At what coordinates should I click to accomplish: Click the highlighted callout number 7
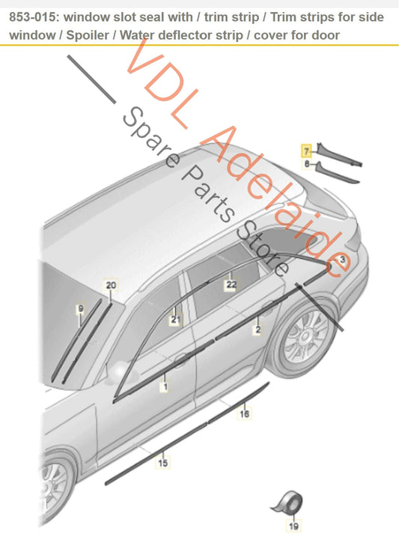pyautogui.click(x=307, y=151)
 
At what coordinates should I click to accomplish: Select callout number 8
pyautogui.click(x=307, y=164)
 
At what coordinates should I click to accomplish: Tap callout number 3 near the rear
pyautogui.click(x=342, y=260)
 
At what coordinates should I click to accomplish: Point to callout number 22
pyautogui.click(x=231, y=285)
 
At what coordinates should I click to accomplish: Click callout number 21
pyautogui.click(x=175, y=319)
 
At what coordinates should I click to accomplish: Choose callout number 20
pyautogui.click(x=111, y=285)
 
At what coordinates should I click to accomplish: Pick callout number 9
pyautogui.click(x=81, y=309)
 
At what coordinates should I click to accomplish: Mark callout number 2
pyautogui.click(x=258, y=330)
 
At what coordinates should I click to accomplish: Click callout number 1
pyautogui.click(x=165, y=386)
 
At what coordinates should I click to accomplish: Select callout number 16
pyautogui.click(x=244, y=414)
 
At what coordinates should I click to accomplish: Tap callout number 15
pyautogui.click(x=162, y=463)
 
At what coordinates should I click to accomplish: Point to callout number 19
pyautogui.click(x=293, y=526)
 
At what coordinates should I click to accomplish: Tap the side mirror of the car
pyautogui.click(x=121, y=373)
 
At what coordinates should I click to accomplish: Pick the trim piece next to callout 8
pyautogui.click(x=337, y=172)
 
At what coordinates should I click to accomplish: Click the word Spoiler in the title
pyautogui.click(x=88, y=35)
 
